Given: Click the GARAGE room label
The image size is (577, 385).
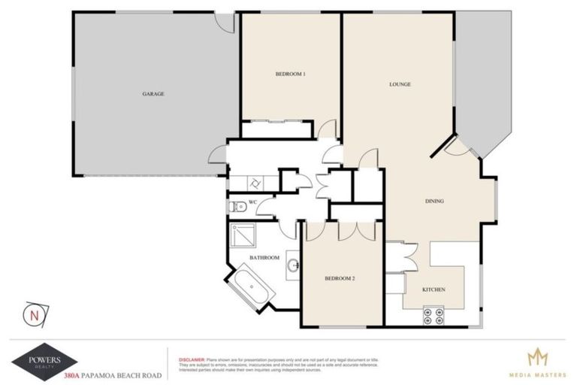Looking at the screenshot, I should point(153,94).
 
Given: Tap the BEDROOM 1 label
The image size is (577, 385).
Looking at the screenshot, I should point(290,74).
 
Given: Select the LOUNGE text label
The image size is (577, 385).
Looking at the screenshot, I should point(400,84).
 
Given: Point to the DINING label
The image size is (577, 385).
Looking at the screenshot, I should point(434,201).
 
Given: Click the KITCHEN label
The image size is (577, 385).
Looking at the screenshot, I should point(434,290).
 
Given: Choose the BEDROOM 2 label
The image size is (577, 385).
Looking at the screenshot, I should point(340,278).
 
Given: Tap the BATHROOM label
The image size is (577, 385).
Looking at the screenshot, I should point(264,258).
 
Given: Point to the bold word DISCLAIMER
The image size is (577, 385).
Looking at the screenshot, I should point(189,359).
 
